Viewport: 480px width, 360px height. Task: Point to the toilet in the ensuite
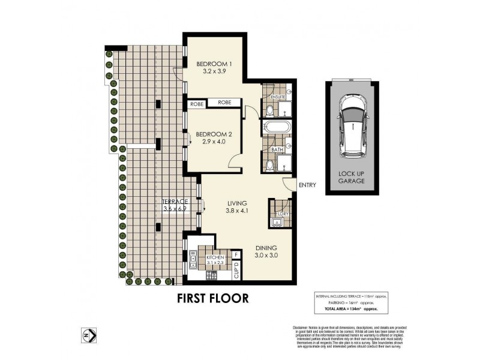[x=270, y=110]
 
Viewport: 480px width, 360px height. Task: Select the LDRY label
[x=283, y=212]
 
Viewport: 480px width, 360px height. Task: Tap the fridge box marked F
[x=237, y=254]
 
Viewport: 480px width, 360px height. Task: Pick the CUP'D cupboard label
[x=237, y=273]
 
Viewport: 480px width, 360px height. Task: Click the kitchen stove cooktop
[x=212, y=275]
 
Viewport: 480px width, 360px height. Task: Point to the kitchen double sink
[x=193, y=259]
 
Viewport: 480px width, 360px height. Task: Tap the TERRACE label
[x=175, y=201]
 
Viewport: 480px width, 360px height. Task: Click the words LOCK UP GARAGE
[x=353, y=177]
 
